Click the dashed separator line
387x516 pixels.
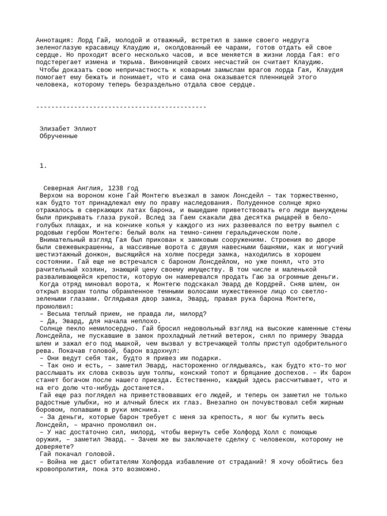click(121, 107)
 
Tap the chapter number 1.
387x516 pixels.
click(43, 165)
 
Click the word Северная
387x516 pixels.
click(59, 188)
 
